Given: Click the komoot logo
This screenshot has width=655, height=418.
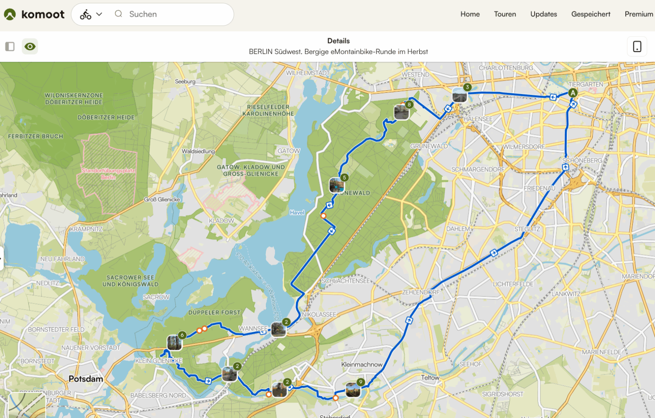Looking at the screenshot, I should (x=34, y=14).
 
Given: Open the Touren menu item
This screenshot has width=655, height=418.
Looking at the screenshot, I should (x=505, y=14).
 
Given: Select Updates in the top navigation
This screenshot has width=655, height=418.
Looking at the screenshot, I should (x=543, y=14).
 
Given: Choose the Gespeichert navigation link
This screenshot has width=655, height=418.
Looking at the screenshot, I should (x=591, y=14).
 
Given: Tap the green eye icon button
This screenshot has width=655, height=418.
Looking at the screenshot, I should (x=30, y=46).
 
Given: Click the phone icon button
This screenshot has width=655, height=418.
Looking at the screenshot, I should (x=637, y=46).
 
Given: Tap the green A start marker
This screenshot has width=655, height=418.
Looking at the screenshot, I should (x=573, y=93).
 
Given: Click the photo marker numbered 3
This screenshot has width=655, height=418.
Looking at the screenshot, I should (x=460, y=95).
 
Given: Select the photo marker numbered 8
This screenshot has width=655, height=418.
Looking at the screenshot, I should (x=401, y=112).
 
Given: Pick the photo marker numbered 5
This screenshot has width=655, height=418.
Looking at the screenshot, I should (x=336, y=185).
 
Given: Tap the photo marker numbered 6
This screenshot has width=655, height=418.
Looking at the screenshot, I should (x=174, y=342).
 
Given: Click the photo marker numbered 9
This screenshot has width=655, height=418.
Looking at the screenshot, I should (x=353, y=390).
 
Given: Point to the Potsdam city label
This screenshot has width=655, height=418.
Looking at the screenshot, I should (x=86, y=379).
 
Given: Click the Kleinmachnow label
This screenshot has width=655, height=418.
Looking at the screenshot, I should (x=362, y=364).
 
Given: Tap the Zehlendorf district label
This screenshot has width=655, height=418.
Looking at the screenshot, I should (x=421, y=292).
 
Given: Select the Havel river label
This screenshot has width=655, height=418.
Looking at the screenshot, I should (x=297, y=213).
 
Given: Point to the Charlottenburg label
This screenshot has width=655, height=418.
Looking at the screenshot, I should (x=506, y=68).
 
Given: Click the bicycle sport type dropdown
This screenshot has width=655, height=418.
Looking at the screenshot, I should (x=91, y=14).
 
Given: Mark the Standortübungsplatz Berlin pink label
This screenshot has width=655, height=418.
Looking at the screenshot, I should (x=108, y=174).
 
